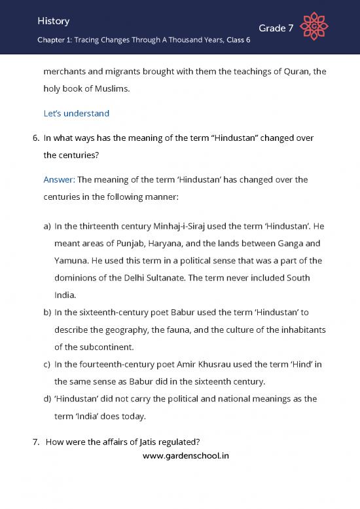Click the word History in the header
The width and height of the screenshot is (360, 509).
click(x=54, y=21)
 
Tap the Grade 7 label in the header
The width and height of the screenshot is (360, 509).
click(x=276, y=28)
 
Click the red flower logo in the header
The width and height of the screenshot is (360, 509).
click(x=313, y=27)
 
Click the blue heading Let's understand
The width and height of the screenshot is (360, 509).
click(x=76, y=113)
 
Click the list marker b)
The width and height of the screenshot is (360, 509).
click(x=46, y=312)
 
